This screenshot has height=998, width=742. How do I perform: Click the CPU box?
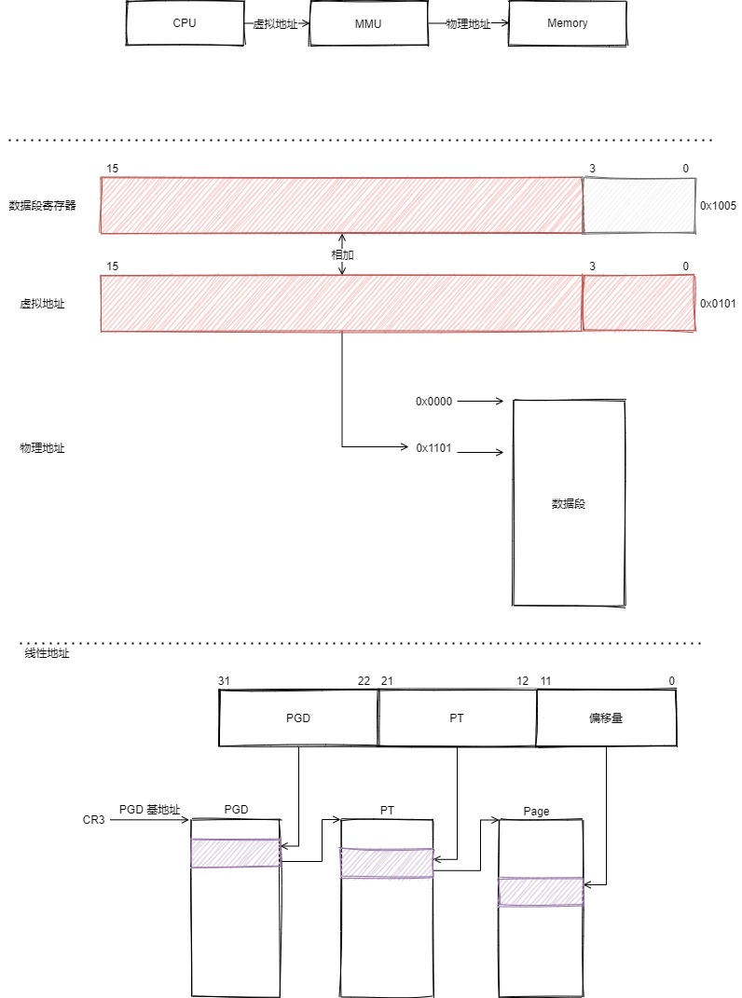click(185, 23)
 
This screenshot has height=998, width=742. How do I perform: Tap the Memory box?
click(567, 23)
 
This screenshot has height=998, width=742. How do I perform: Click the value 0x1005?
click(718, 206)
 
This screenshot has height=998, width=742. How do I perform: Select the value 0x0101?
click(718, 304)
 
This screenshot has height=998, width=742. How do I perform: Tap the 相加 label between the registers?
click(342, 254)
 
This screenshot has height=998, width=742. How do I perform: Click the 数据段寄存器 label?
click(42, 206)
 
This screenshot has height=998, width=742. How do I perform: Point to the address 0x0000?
click(433, 402)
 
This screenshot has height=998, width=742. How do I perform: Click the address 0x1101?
click(433, 448)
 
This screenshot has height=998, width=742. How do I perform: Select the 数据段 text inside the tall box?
click(568, 504)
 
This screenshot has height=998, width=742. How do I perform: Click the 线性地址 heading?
click(47, 654)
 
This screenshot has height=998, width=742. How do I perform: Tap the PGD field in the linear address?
click(298, 718)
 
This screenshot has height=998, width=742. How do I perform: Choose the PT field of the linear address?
click(457, 718)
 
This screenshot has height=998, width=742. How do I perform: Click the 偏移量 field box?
click(607, 718)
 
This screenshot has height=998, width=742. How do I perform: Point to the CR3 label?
click(94, 820)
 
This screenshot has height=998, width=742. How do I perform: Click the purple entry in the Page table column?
click(541, 892)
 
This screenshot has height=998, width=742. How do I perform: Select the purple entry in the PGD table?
click(236, 854)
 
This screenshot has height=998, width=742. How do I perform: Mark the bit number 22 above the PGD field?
click(364, 681)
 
